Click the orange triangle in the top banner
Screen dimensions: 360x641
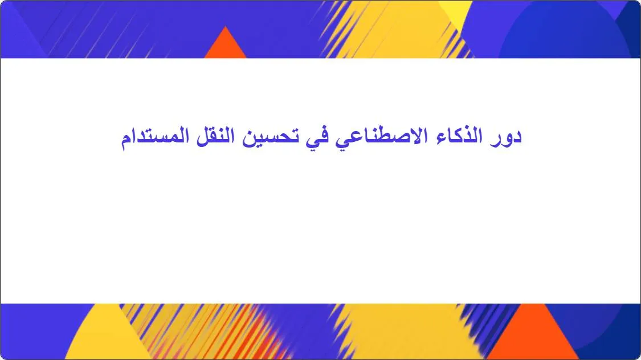coord(225,46)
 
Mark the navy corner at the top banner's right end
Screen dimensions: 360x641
coord(630,28)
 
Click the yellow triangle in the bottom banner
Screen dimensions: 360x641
coord(100,339)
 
